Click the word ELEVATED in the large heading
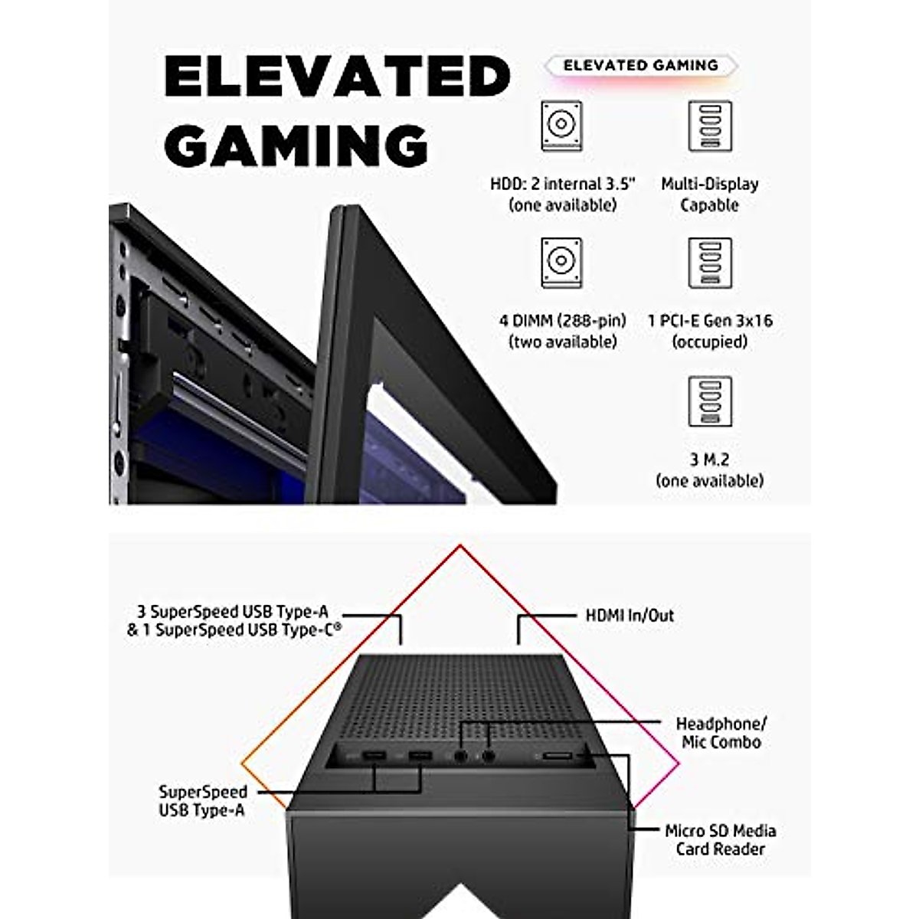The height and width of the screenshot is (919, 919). tap(337, 77)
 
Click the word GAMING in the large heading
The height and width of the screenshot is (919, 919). tap(296, 146)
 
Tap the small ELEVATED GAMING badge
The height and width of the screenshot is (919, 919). tap(641, 65)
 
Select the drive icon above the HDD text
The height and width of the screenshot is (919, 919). tap(561, 126)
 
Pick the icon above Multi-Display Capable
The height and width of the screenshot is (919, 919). tap(710, 126)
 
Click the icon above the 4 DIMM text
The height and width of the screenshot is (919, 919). tap(561, 263)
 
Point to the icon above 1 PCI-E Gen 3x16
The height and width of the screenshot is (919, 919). tap(710, 263)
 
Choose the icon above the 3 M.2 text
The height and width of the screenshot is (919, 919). tap(710, 401)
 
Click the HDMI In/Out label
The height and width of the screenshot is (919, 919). tap(630, 615)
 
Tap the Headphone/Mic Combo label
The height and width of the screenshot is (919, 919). tap(721, 733)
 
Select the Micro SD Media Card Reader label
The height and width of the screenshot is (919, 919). tap(721, 840)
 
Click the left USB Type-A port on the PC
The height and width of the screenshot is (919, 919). tap(374, 756)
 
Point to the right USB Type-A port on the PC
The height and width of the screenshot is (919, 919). tap(420, 756)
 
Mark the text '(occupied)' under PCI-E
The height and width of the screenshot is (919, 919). tap(710, 342)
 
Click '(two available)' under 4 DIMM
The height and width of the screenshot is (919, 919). tap(563, 342)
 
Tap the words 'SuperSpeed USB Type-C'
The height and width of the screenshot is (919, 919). tap(248, 630)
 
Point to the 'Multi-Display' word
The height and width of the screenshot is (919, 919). tap(710, 184)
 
